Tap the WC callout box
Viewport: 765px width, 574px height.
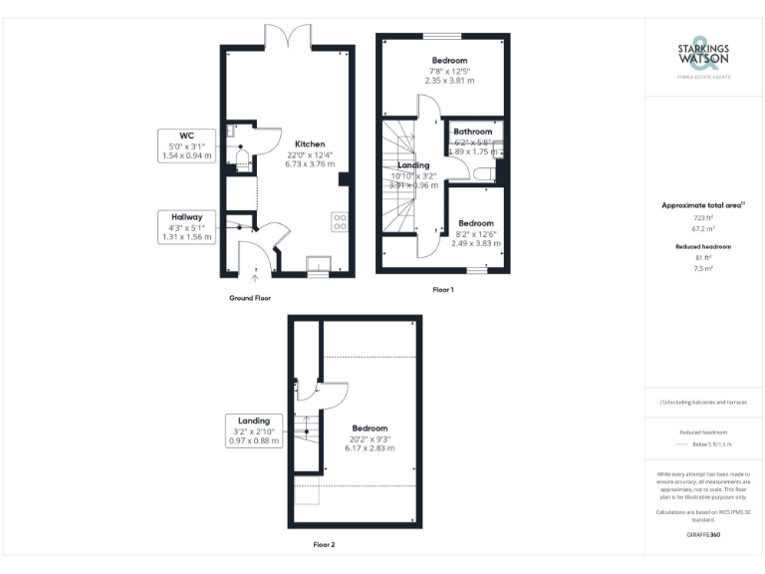186,145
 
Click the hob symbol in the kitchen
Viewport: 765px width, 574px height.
341,221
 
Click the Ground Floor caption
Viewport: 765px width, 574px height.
249,298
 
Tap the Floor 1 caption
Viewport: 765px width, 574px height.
442,290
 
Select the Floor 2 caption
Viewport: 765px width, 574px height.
324,545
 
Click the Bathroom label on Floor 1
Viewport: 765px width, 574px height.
473,132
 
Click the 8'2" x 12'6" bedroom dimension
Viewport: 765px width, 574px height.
475,234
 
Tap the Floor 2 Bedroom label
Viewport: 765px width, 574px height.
370,429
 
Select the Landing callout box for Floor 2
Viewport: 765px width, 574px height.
254,430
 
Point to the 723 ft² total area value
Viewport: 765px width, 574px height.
703,216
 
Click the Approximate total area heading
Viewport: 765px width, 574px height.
703,204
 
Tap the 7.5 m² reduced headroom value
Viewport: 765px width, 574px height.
703,267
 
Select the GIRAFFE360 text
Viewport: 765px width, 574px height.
703,535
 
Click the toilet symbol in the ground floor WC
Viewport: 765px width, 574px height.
242,155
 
